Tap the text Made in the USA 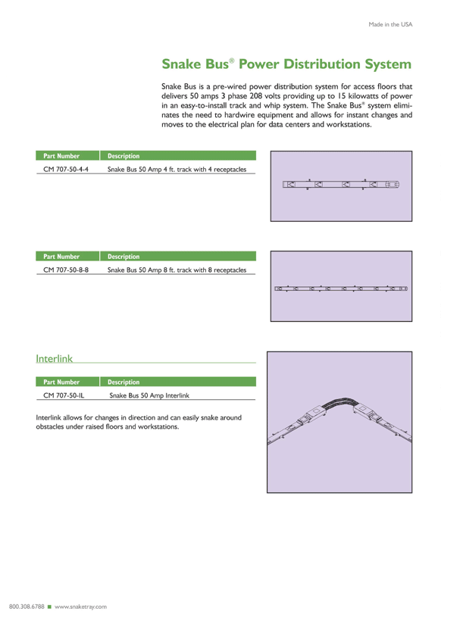390,24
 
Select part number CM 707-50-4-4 66,169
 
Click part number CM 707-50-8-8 66,269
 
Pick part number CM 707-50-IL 64,395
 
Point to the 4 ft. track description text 177,169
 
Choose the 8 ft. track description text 177,269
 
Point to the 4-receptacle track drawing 340,184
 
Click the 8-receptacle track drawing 340,288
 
